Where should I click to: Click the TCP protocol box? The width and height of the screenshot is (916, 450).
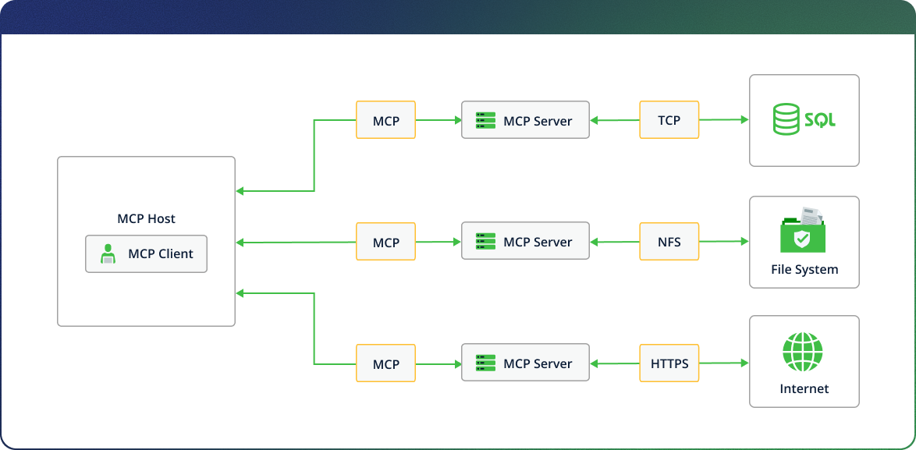669,120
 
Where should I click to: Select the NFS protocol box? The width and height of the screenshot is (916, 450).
669,242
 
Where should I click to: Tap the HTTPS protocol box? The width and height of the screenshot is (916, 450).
669,363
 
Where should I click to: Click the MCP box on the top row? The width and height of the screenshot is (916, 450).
385,120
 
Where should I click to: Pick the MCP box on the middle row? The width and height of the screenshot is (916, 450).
385,242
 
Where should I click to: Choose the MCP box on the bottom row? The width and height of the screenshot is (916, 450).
385,363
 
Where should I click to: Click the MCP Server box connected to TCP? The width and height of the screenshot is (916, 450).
525,120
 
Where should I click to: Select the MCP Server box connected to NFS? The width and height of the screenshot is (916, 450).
525,242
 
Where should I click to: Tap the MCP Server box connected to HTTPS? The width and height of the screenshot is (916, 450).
525,363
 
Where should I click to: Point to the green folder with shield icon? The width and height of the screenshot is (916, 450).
802,233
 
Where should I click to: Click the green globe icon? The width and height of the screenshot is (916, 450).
803,353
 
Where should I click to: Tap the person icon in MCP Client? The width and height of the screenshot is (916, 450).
108,254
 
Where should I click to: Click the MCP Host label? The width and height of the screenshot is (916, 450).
146,219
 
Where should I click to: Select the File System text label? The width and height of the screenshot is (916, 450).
804,270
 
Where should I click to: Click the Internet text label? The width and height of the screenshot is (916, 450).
804,388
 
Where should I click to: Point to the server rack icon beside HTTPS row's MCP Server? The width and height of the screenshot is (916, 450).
485,363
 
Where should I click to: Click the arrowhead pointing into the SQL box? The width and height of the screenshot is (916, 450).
744,120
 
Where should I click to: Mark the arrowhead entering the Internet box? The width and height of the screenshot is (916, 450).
744,363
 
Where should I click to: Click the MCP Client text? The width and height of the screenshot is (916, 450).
160,253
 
